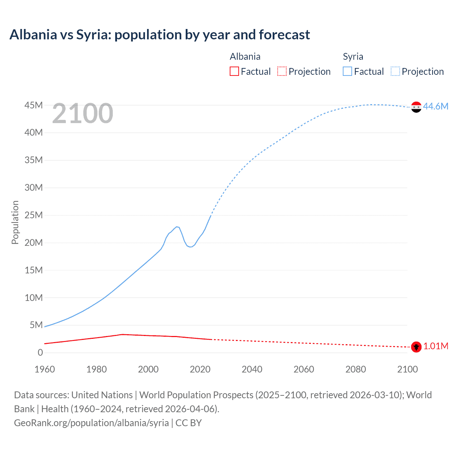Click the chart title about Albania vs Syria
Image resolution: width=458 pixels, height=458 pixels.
(160, 35)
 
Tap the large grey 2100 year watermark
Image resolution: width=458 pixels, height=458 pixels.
(83, 113)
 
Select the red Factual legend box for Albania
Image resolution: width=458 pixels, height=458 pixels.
(234, 71)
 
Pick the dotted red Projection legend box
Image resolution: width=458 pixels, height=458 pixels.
(282, 71)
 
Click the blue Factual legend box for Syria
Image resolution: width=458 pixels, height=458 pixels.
(347, 71)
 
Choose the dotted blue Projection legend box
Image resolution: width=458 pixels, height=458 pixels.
(395, 71)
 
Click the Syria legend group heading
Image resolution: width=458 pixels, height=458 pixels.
(353, 57)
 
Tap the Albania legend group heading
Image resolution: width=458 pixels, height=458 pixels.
(245, 57)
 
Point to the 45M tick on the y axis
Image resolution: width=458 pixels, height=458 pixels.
(34, 105)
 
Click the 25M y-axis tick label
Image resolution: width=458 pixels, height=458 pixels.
(34, 215)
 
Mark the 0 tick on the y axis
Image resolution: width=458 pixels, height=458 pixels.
(40, 352)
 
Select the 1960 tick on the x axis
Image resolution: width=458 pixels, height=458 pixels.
(45, 369)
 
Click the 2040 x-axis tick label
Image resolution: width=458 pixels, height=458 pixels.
(252, 369)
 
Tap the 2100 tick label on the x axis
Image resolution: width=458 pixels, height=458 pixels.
(407, 369)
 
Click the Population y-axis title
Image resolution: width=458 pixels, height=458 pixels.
(15, 222)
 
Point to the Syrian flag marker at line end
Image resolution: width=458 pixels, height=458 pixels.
(416, 107)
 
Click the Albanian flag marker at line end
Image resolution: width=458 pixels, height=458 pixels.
(416, 347)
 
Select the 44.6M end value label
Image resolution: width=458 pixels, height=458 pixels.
(435, 106)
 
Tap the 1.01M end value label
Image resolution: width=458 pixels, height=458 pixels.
(435, 346)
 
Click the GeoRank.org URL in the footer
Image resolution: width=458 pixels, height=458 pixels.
(91, 423)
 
